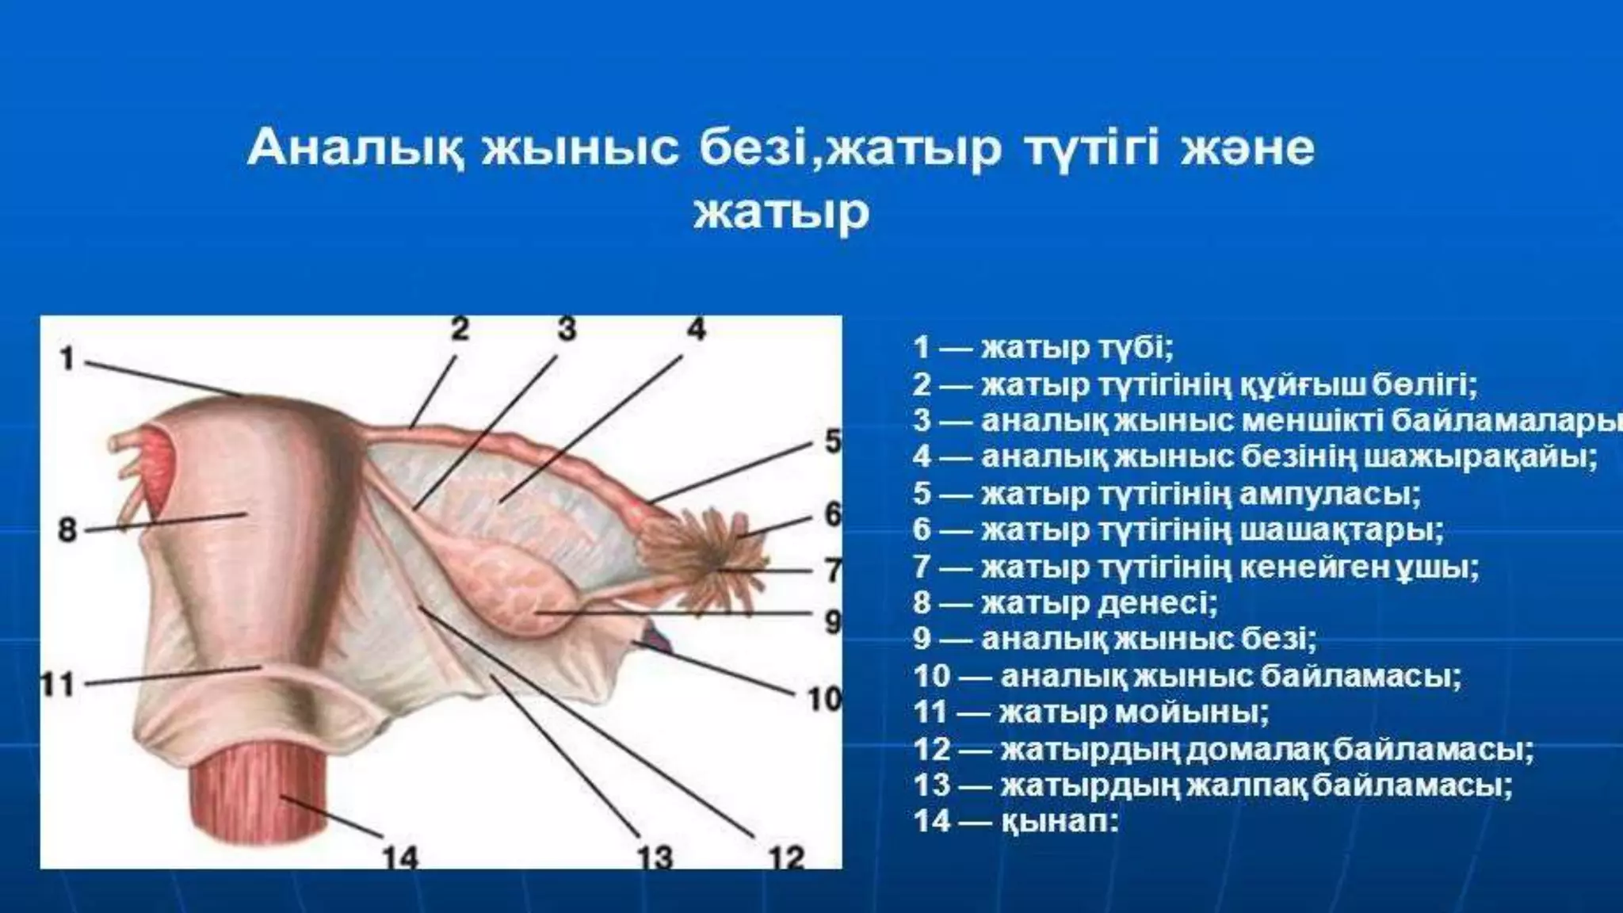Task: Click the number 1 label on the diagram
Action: click(67, 358)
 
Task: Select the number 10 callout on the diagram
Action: click(823, 698)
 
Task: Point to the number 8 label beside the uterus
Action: click(67, 529)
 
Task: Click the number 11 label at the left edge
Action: click(57, 682)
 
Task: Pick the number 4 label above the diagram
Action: click(695, 328)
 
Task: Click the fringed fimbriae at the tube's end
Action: click(717, 555)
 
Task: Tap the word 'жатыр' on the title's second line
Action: click(781, 212)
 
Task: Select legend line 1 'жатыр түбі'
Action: click(1043, 347)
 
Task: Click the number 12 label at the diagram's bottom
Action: click(785, 857)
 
